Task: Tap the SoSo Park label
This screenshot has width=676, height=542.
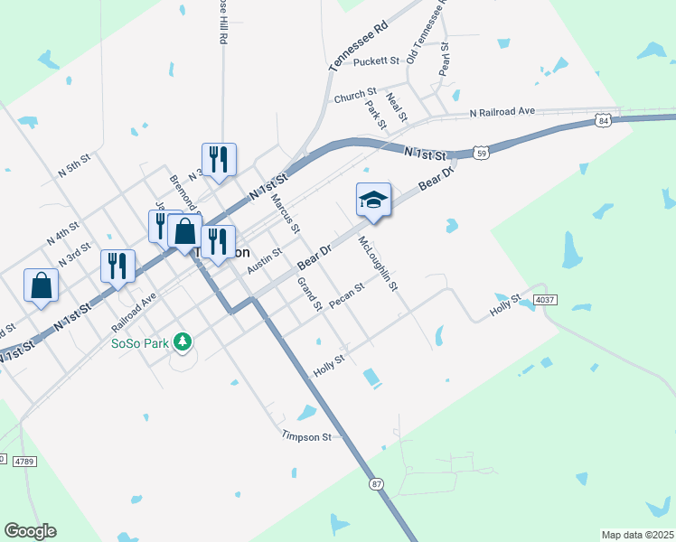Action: (139, 343)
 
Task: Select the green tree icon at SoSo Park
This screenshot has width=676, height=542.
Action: (183, 341)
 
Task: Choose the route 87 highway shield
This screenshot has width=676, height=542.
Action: (376, 484)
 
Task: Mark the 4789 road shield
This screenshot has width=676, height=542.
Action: (24, 462)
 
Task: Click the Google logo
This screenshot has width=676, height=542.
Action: (30, 531)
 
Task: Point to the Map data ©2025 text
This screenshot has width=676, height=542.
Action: (636, 535)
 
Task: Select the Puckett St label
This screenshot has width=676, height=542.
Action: (376, 61)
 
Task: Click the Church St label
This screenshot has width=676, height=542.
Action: (355, 95)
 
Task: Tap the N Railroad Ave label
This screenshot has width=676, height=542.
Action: (502, 112)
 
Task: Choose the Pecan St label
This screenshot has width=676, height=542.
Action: (346, 295)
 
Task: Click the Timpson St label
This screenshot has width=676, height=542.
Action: (307, 437)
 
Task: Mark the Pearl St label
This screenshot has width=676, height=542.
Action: (445, 59)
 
